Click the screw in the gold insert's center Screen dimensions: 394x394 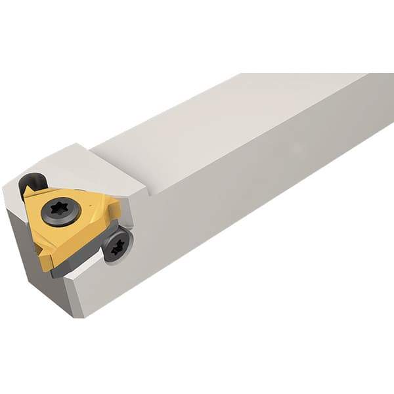click(x=60, y=212)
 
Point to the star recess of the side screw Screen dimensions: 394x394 click(x=118, y=247)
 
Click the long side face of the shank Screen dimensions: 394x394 click(x=263, y=210)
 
